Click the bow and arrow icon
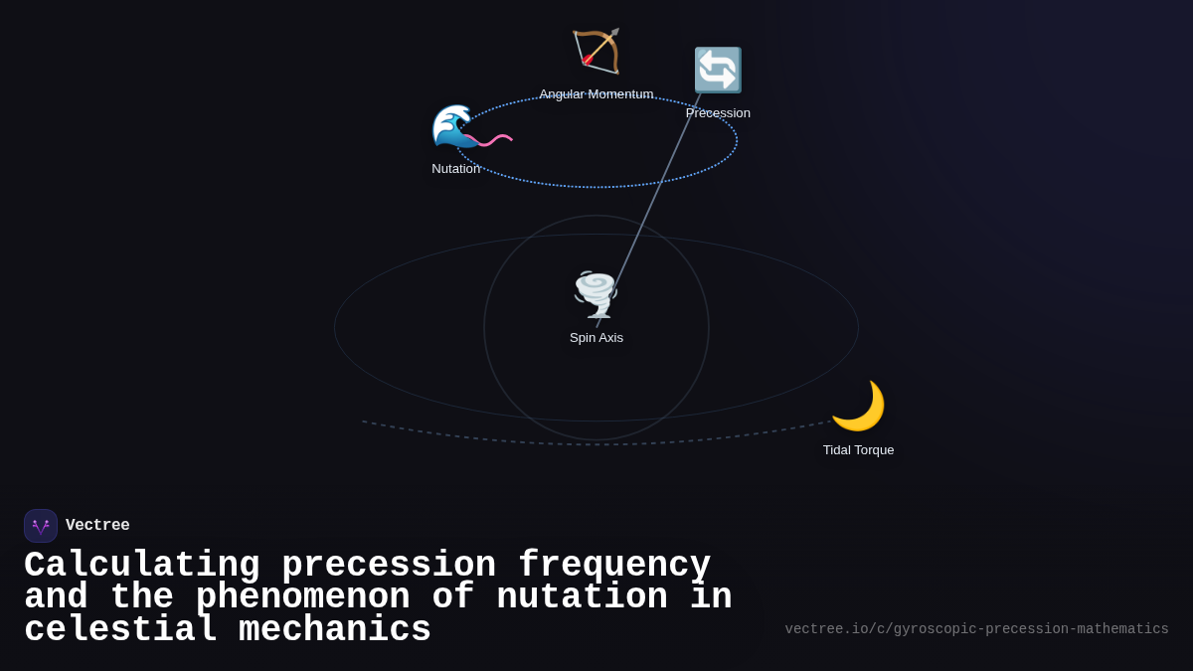point(596,51)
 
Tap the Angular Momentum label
point(596,94)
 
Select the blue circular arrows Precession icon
point(718,71)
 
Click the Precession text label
point(718,113)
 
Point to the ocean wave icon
point(453,126)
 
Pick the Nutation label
point(456,169)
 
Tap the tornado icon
point(596,294)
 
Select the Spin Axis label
point(596,338)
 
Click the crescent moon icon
point(858,406)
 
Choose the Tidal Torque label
point(858,450)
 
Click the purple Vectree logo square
point(41,526)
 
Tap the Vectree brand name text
point(97,526)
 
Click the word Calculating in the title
point(141,566)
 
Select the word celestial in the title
point(120,630)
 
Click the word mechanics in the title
point(335,630)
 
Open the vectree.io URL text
point(976,629)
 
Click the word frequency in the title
point(614,566)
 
